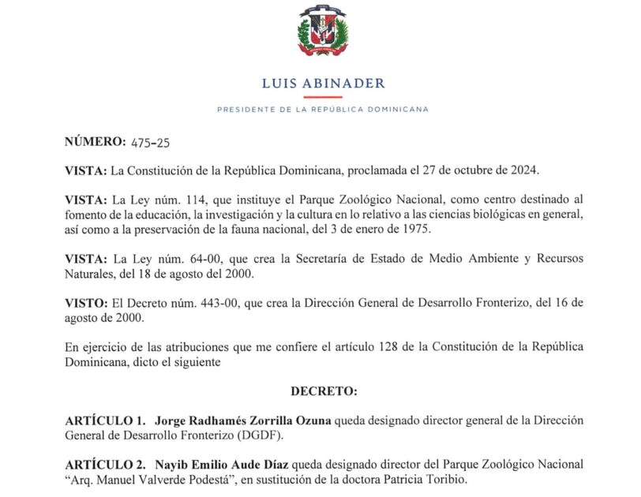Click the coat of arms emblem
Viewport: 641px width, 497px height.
pyautogui.click(x=321, y=32)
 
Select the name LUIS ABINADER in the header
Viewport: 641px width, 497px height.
pyautogui.click(x=322, y=83)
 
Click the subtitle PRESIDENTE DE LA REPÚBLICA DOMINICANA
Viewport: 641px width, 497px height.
pyautogui.click(x=322, y=110)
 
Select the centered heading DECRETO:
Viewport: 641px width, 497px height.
pyautogui.click(x=324, y=390)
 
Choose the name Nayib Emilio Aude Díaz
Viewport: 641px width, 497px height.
pyautogui.click(x=224, y=464)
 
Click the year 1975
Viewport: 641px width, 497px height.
pyautogui.click(x=450, y=230)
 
